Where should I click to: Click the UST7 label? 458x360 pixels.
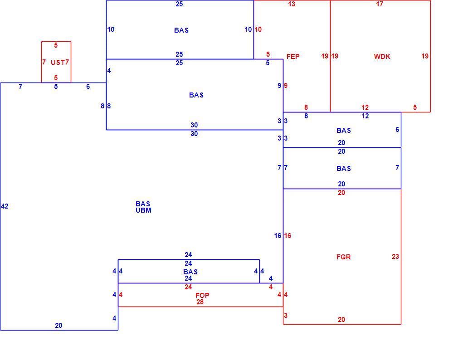tap(59, 62)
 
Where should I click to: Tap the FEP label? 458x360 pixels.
tap(293, 56)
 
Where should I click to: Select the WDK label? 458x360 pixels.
tap(382, 56)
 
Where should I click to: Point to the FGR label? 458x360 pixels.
tap(344, 257)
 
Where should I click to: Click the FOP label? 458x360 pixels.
tap(202, 296)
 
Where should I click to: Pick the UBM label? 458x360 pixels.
tap(143, 210)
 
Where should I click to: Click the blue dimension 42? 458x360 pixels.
tap(5, 206)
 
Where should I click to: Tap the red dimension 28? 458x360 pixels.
tap(200, 302)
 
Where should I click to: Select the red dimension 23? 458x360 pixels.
tap(395, 257)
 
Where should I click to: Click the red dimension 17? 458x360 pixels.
tap(380, 4)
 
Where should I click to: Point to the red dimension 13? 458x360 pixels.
tap(292, 4)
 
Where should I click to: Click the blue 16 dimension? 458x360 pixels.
tap(278, 236)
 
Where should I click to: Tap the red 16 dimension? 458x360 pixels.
tap(287, 236)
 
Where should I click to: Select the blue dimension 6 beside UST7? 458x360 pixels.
tap(88, 87)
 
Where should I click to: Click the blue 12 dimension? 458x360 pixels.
tap(365, 116)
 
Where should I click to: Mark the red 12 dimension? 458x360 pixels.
tap(365, 107)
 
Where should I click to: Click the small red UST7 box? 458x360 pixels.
tap(41, 62)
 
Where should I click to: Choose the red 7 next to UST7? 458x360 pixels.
tap(44, 62)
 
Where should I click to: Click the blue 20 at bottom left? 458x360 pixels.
tap(58, 325)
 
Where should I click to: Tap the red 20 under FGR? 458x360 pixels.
tap(341, 320)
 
